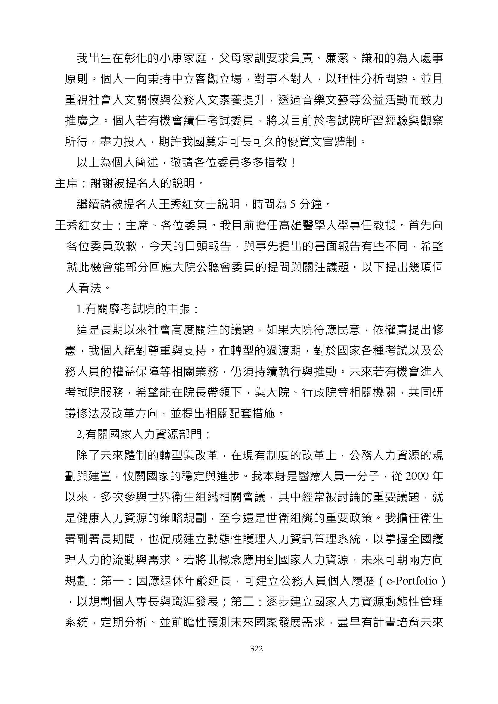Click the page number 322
pos(256,648)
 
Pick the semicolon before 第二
pos(225,602)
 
